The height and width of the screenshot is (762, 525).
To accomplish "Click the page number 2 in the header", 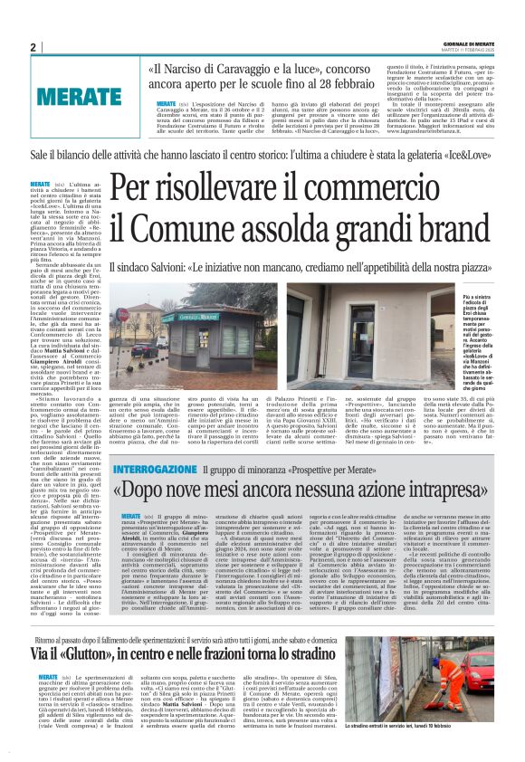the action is (33, 48).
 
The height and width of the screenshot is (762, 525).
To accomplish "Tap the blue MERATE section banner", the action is (80, 94).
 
